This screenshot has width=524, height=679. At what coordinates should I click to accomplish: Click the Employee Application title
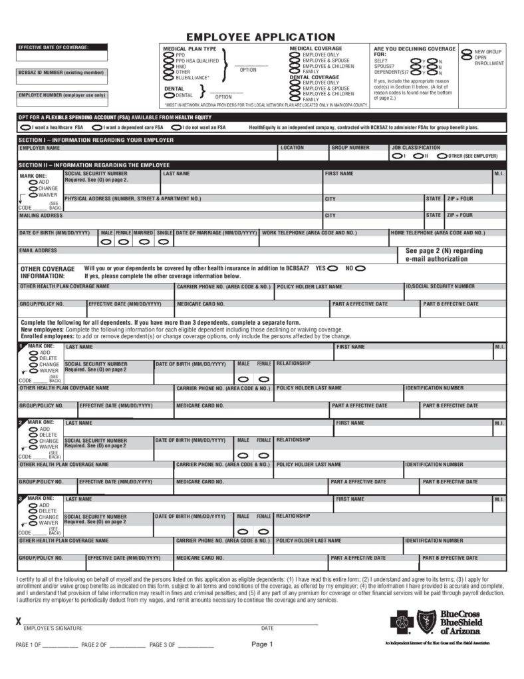(261, 37)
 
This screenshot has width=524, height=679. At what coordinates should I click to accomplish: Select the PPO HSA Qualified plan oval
(169, 61)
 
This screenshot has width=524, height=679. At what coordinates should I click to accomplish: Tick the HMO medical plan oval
(169, 66)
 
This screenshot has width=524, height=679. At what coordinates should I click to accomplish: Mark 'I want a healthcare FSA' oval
(25, 127)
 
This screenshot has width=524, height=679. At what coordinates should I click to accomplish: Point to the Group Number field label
(350, 148)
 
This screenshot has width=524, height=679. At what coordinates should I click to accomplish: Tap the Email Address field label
(38, 250)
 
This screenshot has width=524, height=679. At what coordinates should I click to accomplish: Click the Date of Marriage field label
(216, 232)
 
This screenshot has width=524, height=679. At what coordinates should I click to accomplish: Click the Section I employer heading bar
(96, 140)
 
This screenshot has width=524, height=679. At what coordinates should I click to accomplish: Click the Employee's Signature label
(53, 628)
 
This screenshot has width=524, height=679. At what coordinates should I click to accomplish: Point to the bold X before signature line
(19, 621)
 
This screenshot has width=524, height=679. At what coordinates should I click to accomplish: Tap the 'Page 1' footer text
(262, 644)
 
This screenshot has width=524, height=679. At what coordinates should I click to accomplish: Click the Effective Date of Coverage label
(53, 48)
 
